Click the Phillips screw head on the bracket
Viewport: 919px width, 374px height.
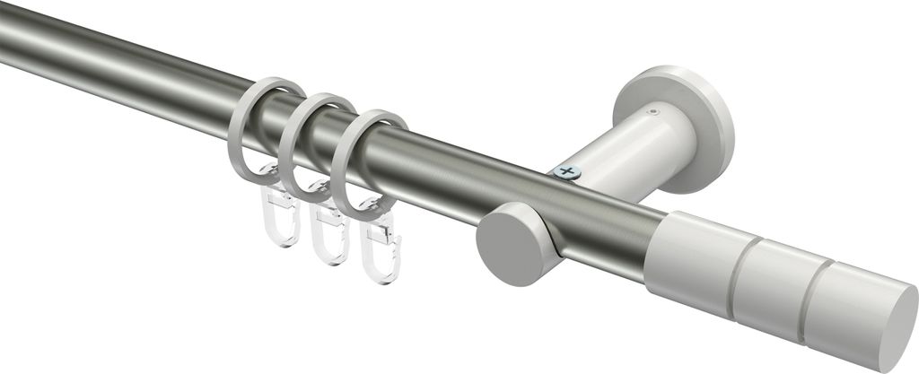tap(566, 170)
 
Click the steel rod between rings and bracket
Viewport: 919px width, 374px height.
tap(467, 179)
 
